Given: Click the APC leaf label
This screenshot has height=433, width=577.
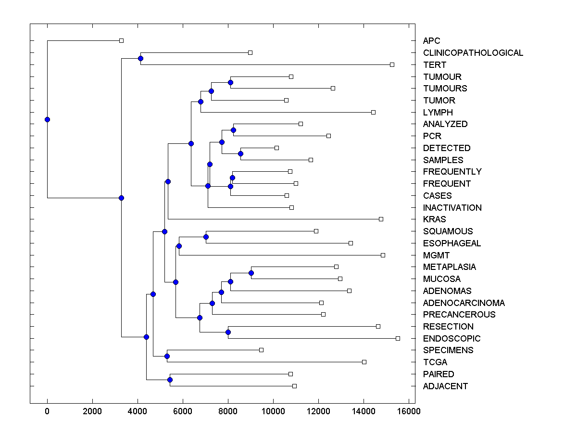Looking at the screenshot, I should (x=431, y=41).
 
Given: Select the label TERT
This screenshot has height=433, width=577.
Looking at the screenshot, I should (x=435, y=64).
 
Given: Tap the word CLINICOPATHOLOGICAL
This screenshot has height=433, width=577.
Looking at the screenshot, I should (x=473, y=53).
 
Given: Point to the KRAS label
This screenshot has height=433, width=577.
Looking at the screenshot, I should (x=434, y=219).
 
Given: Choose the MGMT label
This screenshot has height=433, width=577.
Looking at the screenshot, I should (x=436, y=255).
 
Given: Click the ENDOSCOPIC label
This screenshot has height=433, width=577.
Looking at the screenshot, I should (x=452, y=338).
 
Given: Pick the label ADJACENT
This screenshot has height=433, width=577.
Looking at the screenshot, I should (x=445, y=386).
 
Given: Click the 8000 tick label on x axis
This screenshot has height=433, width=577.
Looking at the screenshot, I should (x=228, y=411).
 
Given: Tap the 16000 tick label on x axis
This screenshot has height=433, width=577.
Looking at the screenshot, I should (x=409, y=411).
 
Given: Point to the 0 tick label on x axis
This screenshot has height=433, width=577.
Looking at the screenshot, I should (x=47, y=411).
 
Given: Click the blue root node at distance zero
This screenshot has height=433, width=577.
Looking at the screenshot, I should (x=47, y=119).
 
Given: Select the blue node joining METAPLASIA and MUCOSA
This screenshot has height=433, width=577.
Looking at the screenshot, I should (x=251, y=273).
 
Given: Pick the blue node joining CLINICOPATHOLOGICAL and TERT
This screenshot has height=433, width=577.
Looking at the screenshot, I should (x=140, y=59).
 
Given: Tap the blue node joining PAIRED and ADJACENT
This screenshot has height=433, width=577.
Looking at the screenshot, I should (x=170, y=380).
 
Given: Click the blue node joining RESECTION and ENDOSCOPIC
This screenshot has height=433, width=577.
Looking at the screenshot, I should (x=228, y=332).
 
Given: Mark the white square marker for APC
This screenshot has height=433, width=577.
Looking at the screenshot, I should (x=121, y=41).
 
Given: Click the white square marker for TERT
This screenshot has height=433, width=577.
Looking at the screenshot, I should (x=392, y=64).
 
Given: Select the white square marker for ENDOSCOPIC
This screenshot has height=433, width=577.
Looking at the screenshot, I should (x=398, y=338).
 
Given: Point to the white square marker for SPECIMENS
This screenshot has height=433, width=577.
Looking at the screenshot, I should (x=261, y=350).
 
